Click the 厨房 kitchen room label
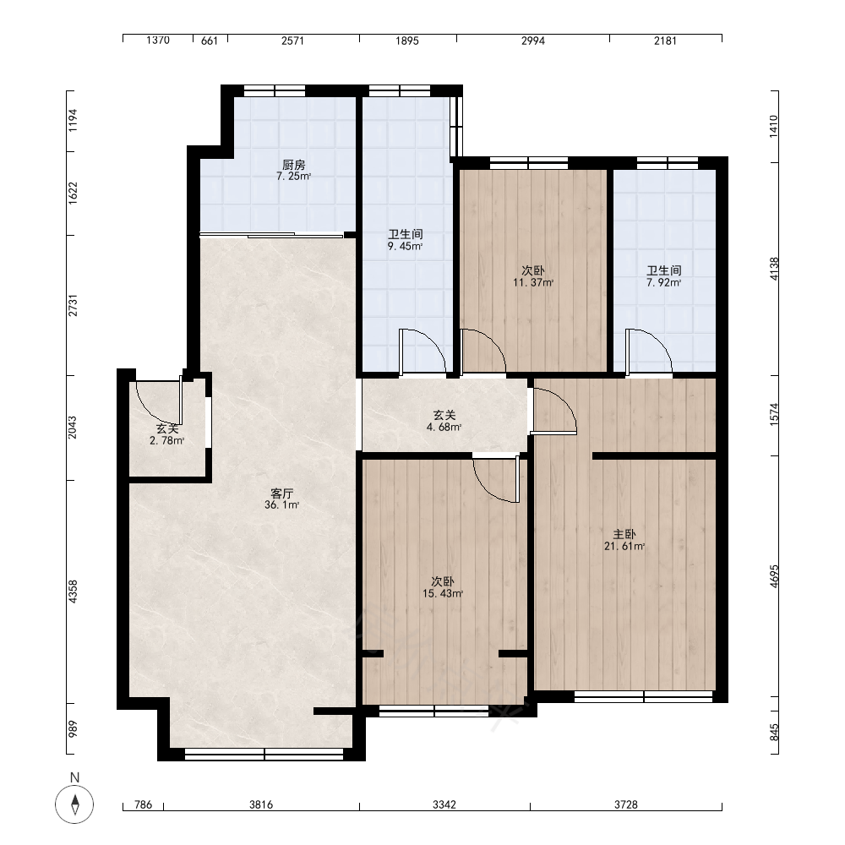(x=294, y=165)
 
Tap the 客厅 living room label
(x=282, y=493)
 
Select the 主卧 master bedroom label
(x=624, y=535)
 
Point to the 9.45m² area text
(x=406, y=247)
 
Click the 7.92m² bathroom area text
(x=664, y=283)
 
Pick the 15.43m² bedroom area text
(x=443, y=594)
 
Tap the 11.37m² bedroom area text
(x=533, y=283)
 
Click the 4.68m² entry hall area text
(x=444, y=428)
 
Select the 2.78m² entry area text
(x=167, y=441)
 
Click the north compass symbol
(x=75, y=804)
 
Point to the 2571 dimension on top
(x=292, y=41)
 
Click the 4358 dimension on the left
(x=73, y=591)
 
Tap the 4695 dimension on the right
(x=774, y=576)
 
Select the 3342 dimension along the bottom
(x=444, y=805)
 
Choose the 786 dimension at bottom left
(x=143, y=805)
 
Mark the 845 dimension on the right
(x=774, y=733)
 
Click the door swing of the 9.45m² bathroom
(x=431, y=345)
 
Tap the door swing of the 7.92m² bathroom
(x=657, y=345)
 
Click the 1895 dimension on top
(x=407, y=41)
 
